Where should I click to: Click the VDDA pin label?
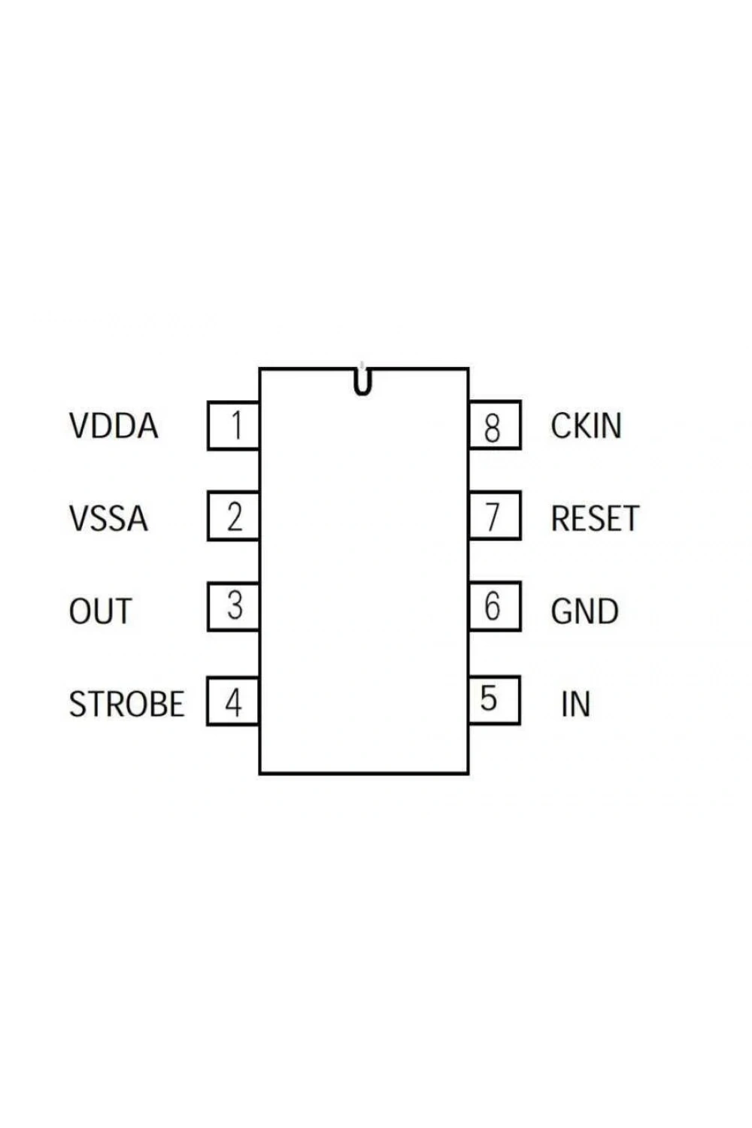pos(114,426)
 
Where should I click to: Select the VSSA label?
pos(108,518)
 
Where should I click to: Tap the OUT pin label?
pos(100,611)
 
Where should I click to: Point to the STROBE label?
pos(126,703)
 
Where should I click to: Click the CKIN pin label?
pos(587,426)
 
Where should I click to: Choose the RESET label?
pos(596,518)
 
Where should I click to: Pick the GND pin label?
pos(585,611)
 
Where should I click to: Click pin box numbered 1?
pos(233,426)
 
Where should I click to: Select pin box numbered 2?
pos(233,516)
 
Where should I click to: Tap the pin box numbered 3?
pos(233,606)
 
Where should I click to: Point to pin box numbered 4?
pos(232,702)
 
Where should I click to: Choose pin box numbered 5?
pos(495,700)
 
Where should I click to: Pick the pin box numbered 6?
pos(495,606)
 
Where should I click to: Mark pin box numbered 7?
pos(495,515)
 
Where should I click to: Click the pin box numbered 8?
pos(495,425)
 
